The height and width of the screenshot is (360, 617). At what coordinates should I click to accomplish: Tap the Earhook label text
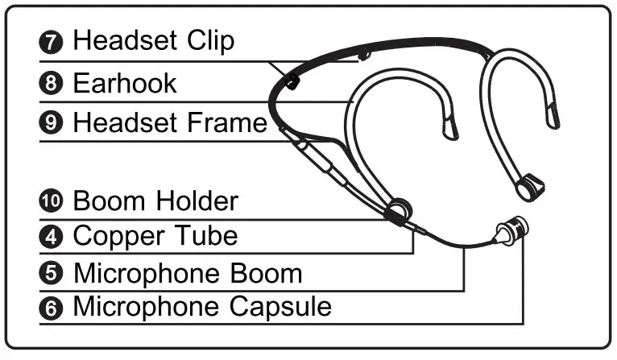pyautogui.click(x=124, y=83)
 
